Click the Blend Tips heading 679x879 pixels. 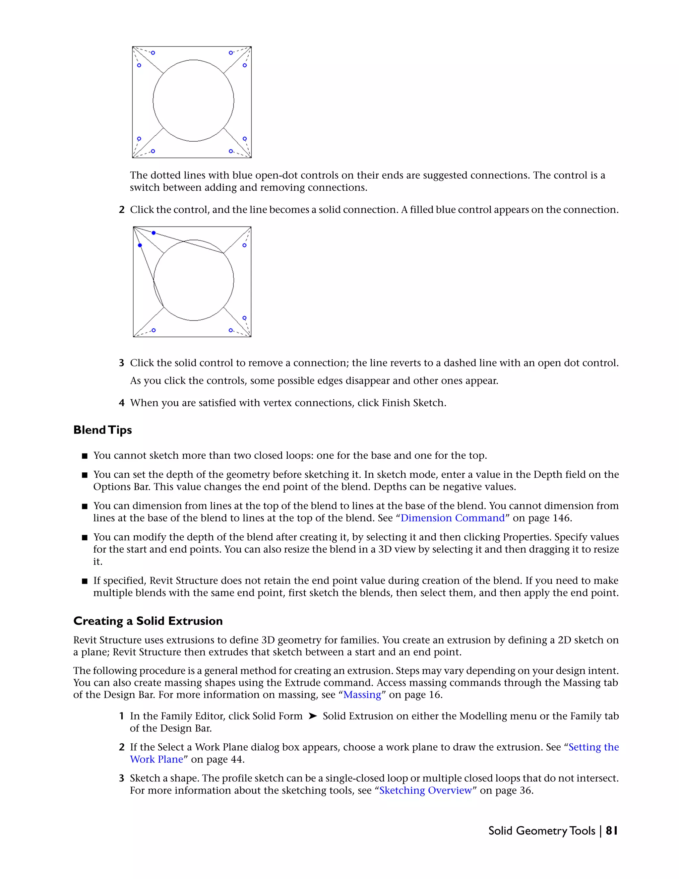click(x=102, y=430)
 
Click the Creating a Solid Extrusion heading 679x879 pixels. click(x=148, y=621)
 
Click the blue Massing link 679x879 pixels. click(x=362, y=694)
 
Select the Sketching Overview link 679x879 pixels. click(x=425, y=790)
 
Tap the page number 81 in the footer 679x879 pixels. click(x=611, y=831)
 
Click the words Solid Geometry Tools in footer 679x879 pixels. click(x=541, y=831)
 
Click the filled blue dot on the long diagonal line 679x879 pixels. click(x=154, y=233)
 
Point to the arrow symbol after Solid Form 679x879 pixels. click(x=313, y=716)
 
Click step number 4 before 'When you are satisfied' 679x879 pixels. click(x=121, y=403)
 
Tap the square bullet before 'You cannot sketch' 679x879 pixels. click(x=85, y=456)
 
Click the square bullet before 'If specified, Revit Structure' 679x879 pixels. click(x=85, y=581)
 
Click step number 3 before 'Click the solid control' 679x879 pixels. click(x=121, y=363)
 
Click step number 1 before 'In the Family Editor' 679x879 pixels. click(x=121, y=716)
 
